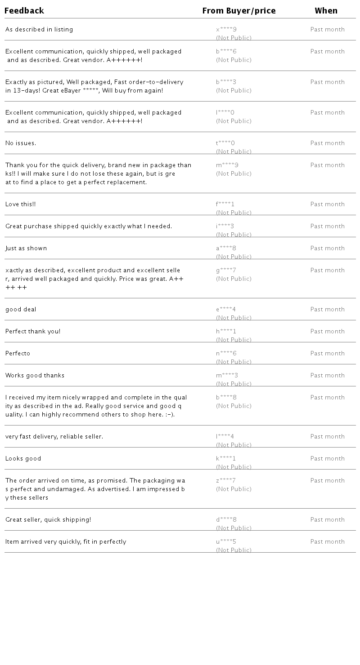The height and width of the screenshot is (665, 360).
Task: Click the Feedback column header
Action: (x=24, y=11)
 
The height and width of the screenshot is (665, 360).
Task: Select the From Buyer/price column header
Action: (x=239, y=11)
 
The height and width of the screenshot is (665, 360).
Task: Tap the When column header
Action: (x=326, y=11)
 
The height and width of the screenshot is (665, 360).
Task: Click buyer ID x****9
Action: (x=226, y=30)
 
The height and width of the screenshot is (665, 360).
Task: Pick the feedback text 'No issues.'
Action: (x=21, y=143)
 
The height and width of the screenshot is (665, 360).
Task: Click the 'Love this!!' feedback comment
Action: (x=21, y=204)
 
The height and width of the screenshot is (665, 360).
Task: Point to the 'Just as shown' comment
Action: (x=26, y=248)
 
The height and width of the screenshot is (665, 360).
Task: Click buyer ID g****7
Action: (x=226, y=270)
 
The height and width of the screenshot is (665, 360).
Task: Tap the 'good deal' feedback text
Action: (x=21, y=310)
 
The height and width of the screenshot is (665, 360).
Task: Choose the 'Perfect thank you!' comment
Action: (x=33, y=332)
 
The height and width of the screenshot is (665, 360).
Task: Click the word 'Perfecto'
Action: (x=18, y=354)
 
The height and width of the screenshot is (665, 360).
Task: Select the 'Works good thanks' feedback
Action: (x=35, y=376)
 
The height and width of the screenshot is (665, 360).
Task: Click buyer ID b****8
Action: (x=226, y=398)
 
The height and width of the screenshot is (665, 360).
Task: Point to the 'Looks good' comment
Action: (x=23, y=459)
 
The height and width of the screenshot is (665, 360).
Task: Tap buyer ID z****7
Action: (x=226, y=481)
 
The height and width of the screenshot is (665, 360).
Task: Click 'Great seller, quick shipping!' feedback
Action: (x=48, y=520)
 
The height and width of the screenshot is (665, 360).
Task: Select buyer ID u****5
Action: (x=226, y=542)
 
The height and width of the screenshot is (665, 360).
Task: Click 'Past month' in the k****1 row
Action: (x=328, y=459)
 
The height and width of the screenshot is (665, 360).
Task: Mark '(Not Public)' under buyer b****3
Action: (x=234, y=91)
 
